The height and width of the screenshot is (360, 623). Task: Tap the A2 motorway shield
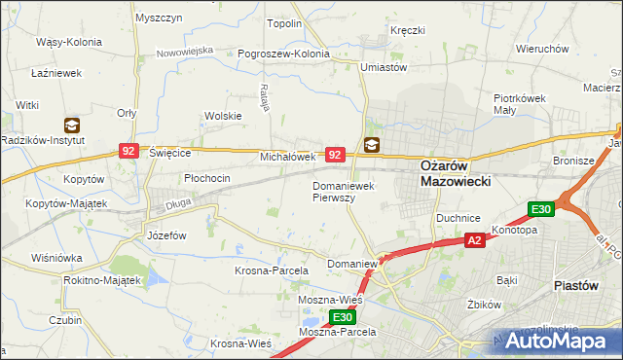point(474,240)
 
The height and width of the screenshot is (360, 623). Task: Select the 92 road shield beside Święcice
point(128,151)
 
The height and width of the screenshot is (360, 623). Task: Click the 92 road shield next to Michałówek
point(335,154)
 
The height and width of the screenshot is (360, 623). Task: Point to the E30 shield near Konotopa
point(541,208)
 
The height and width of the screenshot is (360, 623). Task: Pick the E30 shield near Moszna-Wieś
point(340,317)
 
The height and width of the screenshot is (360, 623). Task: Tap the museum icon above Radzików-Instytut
point(71,125)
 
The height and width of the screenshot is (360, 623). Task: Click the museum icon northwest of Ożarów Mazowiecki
point(372,145)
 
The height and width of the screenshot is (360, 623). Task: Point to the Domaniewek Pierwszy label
point(341,191)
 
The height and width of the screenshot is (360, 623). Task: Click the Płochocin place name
point(207,178)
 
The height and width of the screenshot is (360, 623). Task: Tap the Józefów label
point(166,235)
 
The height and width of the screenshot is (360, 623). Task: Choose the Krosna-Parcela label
point(272,270)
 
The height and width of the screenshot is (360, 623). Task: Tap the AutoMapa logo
point(559,341)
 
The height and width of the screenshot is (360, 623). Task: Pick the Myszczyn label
point(160,18)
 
